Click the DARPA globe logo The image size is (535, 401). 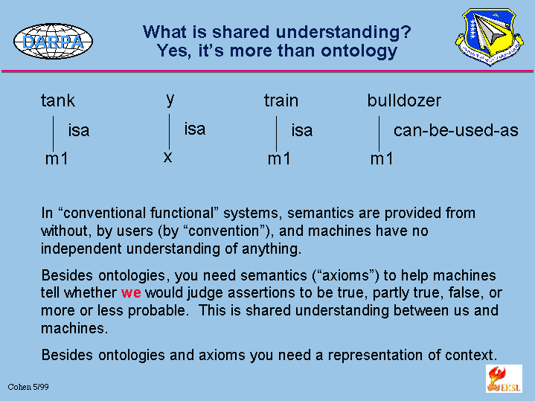click(54, 42)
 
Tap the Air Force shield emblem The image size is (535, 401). click(490, 37)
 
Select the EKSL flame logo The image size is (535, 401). click(504, 379)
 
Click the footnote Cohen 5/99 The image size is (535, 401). click(28, 387)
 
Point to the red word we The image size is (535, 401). click(131, 293)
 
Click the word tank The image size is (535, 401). click(58, 100)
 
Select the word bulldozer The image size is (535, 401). click(404, 100)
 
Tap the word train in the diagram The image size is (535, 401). click(281, 100)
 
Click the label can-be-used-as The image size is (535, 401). click(456, 130)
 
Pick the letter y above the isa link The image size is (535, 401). click(170, 100)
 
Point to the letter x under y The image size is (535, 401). click(167, 157)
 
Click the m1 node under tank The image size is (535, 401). click(57, 158)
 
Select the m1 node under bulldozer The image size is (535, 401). click(382, 158)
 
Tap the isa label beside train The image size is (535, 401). click(302, 130)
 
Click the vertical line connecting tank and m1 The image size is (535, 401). click(54, 133)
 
